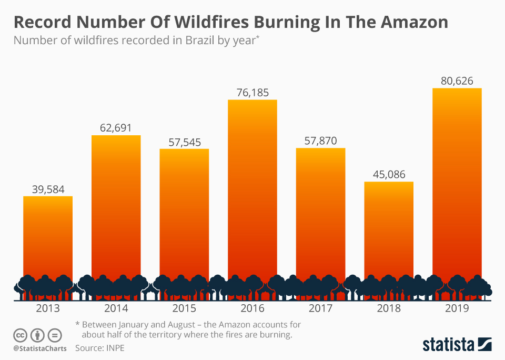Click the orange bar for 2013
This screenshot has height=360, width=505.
[48, 237]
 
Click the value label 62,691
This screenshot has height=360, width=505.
[116, 128]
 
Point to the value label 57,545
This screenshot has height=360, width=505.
[184, 142]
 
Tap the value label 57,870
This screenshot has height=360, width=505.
[320, 141]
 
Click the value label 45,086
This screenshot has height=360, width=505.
[389, 174]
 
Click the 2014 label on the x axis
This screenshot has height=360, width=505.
[116, 308]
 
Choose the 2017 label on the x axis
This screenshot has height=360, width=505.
[320, 308]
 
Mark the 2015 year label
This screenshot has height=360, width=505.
[184, 308]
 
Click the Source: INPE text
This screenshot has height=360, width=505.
[100, 348]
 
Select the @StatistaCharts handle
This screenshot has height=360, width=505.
[39, 348]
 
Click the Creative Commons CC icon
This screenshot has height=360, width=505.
[20, 335]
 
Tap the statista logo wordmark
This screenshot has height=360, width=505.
[448, 345]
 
